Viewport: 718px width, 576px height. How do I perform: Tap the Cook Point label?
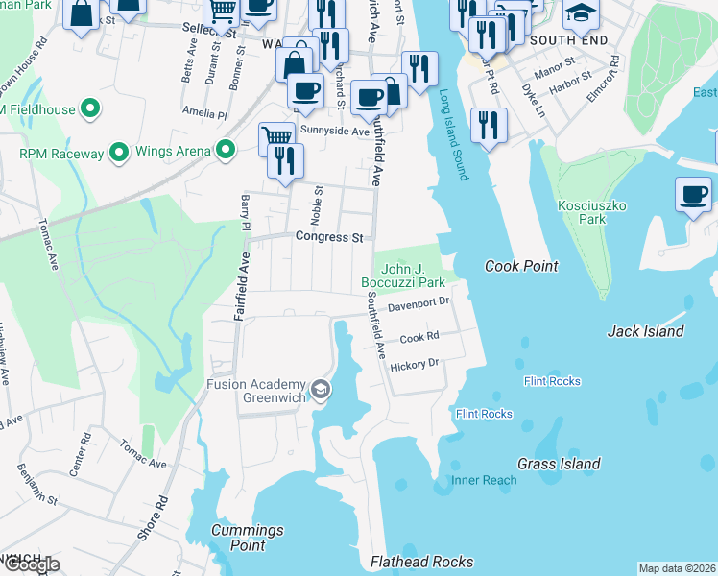521,266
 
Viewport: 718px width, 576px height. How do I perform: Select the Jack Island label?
646,331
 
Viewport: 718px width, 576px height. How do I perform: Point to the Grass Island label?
559,464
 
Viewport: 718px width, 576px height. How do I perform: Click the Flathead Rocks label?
421,562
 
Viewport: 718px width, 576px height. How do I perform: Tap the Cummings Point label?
248,538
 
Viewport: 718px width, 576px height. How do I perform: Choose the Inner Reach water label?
483,479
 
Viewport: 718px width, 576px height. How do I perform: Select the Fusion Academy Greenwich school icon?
321,389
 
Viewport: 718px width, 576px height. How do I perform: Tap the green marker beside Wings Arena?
227,149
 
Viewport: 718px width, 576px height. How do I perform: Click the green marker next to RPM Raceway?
119,152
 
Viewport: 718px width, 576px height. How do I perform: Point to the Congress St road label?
329,236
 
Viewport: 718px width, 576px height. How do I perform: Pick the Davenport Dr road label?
419,305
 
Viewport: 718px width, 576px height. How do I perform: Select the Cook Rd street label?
419,338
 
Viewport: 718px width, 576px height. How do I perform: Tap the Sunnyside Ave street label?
334,131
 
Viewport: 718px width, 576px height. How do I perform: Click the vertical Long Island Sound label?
453,135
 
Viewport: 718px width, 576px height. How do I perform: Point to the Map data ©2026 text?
676,568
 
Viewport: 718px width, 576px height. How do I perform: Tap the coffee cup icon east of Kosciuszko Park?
693,195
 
